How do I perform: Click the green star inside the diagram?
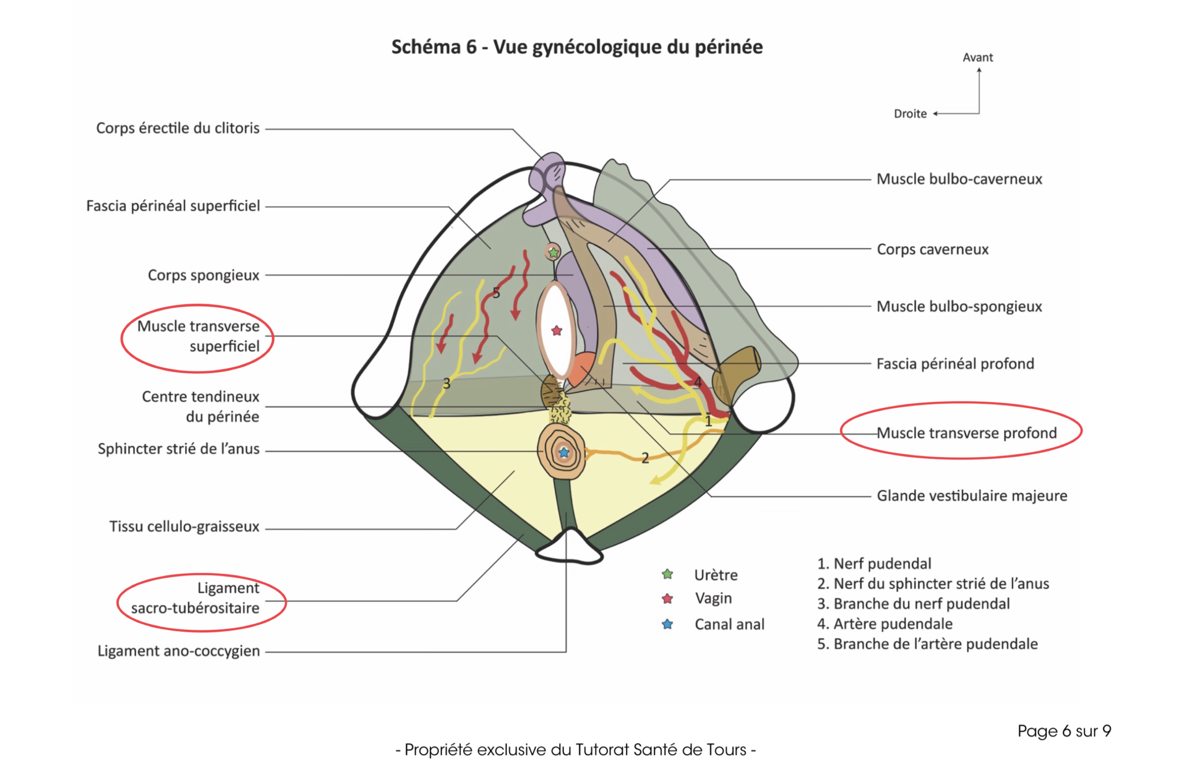[x=553, y=252]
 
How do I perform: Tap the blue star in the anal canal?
[x=564, y=452]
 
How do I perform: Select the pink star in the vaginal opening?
[x=557, y=331]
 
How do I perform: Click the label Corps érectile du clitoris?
[x=177, y=128]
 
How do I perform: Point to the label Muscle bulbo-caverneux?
[x=959, y=179]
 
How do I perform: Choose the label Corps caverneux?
[x=932, y=249]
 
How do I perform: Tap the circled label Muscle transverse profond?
[x=966, y=433]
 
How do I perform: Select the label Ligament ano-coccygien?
[x=179, y=651]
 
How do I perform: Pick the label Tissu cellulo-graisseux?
[x=184, y=526]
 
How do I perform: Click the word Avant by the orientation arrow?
[x=977, y=58]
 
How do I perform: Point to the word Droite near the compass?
[x=910, y=114]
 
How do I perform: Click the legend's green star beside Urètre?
[x=668, y=575]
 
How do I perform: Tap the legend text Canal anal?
[x=729, y=624]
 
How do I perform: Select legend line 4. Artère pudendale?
[x=884, y=624]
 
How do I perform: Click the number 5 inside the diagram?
[x=496, y=293]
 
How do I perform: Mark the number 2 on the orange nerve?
[x=645, y=458]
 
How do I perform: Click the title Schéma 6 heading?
[x=577, y=47]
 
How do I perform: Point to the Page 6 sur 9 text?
[x=1064, y=731]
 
